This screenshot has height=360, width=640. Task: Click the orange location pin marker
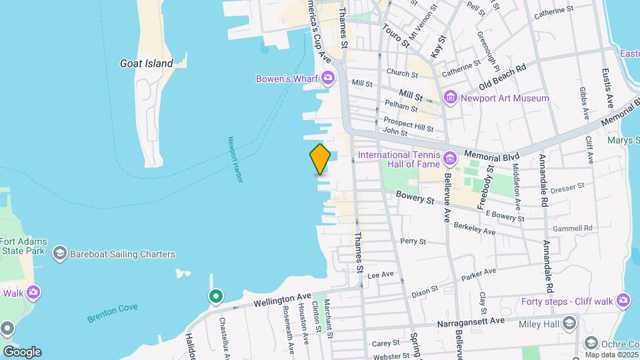[320, 159]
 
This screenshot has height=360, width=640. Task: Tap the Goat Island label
[146, 63]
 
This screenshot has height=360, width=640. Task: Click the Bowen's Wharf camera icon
[327, 79]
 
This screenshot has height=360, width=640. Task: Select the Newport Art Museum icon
[451, 98]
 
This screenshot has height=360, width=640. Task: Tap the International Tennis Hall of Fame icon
[450, 158]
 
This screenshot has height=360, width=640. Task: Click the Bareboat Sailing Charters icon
[60, 254]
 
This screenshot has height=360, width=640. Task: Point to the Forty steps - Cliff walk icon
[623, 301]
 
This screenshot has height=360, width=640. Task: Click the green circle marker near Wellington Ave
[215, 296]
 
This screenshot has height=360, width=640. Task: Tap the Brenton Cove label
[111, 313]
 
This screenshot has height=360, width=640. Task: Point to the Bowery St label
[415, 197]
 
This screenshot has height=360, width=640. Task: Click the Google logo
[22, 351]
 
